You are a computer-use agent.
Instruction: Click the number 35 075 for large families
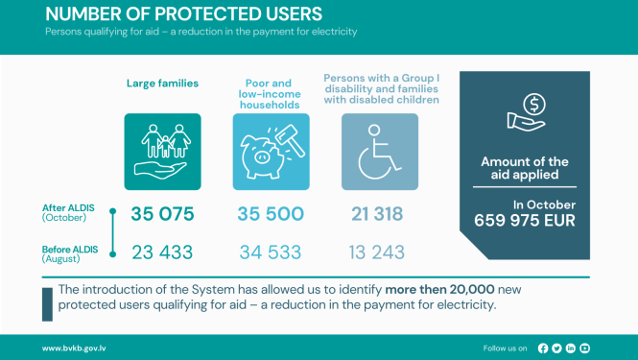(161, 214)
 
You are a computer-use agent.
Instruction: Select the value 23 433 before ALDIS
(161, 253)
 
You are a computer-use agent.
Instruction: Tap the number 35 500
(272, 214)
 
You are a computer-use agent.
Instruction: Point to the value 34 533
(272, 253)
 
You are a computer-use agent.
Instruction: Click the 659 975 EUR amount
(525, 220)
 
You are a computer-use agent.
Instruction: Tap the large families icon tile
(162, 152)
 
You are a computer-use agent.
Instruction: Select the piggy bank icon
(272, 152)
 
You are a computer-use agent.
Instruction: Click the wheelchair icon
(380, 152)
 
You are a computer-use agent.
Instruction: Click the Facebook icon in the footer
(544, 348)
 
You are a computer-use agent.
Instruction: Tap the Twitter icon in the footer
(557, 348)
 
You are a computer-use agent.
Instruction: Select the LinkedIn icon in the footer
(571, 348)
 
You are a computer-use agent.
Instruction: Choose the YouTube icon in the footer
(585, 348)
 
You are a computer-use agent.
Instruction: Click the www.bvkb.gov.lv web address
(74, 348)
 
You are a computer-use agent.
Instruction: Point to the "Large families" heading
(162, 84)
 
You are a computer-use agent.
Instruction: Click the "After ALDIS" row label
(66, 207)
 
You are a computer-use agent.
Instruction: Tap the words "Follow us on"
(506, 348)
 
